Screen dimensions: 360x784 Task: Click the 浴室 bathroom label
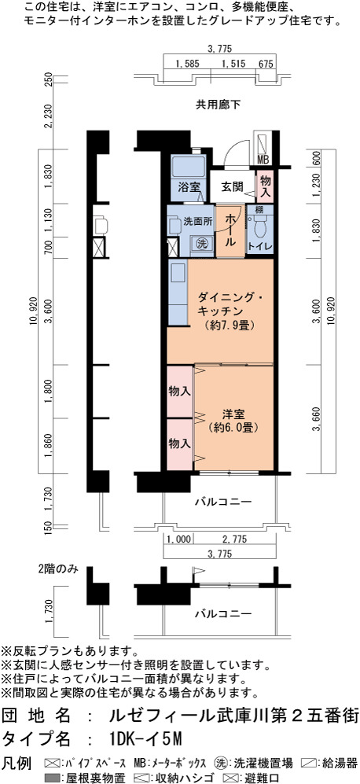189,187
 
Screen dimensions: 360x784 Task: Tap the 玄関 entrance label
233,187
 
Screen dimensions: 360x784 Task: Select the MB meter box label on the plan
263,160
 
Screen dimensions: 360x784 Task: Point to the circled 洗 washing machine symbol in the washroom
200,244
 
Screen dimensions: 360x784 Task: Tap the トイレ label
260,246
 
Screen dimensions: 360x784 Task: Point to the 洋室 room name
233,414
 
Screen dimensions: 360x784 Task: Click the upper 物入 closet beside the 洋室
179,391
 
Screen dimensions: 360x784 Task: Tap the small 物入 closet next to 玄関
265,187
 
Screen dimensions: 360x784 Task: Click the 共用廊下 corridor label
218,105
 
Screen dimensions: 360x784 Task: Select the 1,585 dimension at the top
188,64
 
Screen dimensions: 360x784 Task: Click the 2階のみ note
58,569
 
